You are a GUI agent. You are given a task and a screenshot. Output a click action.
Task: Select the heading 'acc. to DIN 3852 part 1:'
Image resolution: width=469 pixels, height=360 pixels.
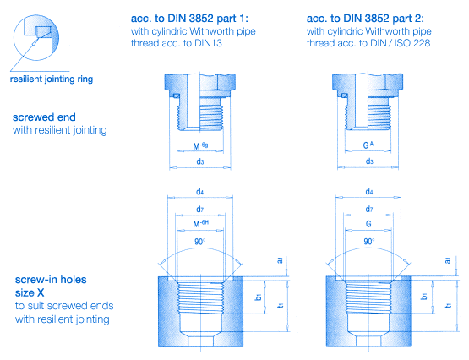[x=192, y=17]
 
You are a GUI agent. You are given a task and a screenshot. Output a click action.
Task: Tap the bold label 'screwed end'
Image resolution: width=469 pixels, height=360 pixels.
[x=45, y=118]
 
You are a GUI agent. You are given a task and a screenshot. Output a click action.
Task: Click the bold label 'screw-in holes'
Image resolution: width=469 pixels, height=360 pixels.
[x=52, y=279]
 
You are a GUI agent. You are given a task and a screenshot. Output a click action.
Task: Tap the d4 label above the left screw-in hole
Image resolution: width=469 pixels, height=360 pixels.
[x=200, y=193]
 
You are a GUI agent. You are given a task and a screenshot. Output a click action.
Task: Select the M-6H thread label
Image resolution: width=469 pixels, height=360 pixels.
[x=201, y=225]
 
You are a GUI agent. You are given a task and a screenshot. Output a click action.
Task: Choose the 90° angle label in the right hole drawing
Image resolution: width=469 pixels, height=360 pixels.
[x=369, y=240]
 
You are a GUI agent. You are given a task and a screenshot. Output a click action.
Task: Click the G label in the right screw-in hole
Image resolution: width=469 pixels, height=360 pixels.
[x=368, y=225]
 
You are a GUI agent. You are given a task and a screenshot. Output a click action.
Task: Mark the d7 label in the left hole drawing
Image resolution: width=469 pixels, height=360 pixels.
[x=200, y=209]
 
